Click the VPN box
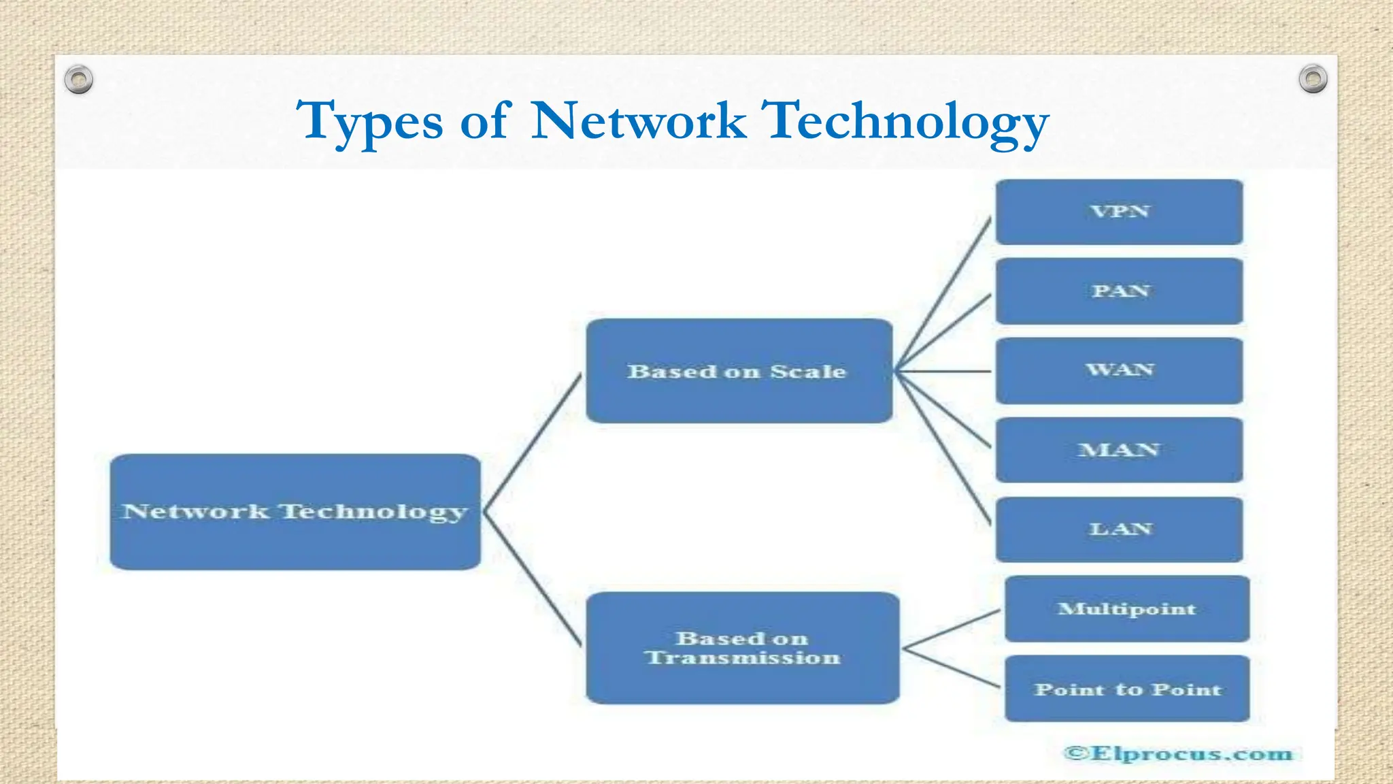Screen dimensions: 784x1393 pos(1119,212)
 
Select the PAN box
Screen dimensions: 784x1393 pos(1119,291)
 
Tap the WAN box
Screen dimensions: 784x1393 pos(1119,370)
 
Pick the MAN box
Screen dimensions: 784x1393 pos(1119,450)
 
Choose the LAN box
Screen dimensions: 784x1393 pos(1119,529)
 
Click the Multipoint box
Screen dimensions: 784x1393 pos(1126,608)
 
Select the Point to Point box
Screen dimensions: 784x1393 pos(1126,689)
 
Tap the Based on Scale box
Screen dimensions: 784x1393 pos(739,371)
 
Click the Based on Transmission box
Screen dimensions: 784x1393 pos(742,648)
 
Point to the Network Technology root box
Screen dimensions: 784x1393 pos(295,512)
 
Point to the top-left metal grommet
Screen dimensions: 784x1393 pos(79,80)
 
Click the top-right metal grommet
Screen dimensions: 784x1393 pos(1313,79)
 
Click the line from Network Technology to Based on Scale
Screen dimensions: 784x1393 pos(532,442)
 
